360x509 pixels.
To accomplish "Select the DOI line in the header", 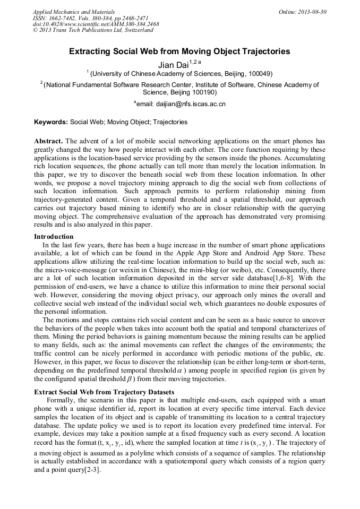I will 96,24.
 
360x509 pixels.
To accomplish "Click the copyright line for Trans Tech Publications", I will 93,30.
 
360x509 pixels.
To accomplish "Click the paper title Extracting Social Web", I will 179,51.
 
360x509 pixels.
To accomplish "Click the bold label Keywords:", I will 51,122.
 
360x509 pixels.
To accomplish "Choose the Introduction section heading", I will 54,236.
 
